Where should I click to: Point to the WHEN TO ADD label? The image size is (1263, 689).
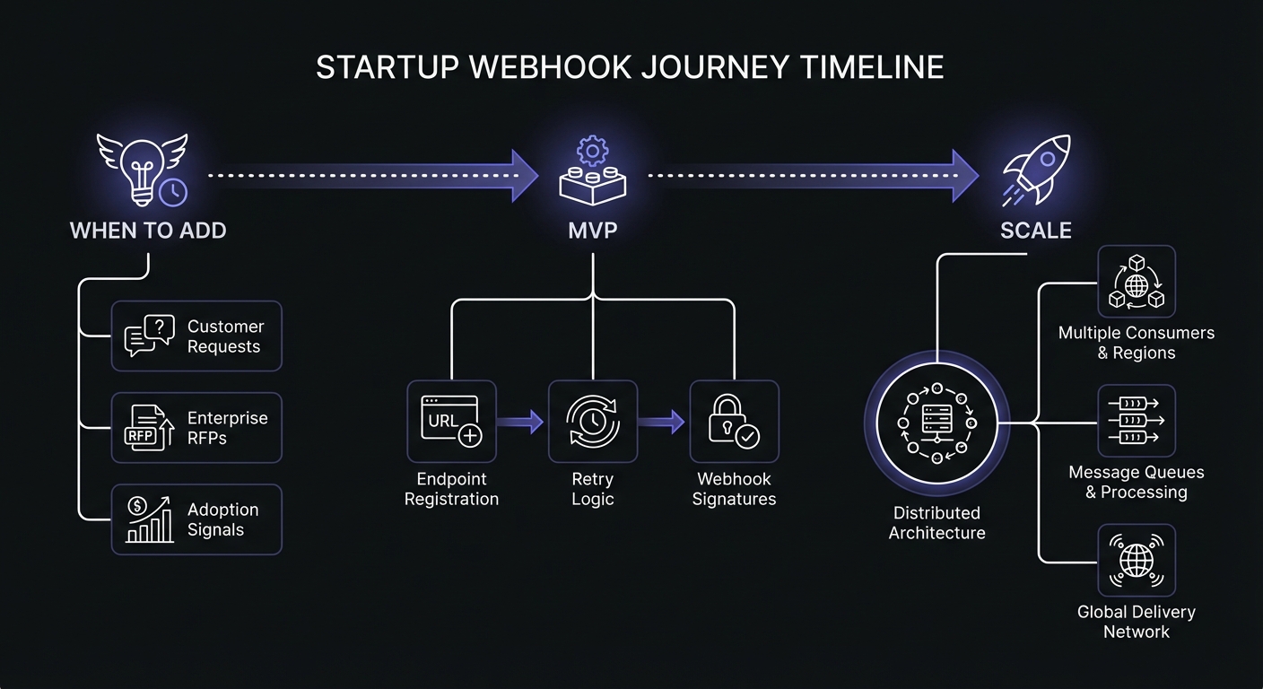[x=148, y=231]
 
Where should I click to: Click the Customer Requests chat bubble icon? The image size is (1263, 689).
[x=148, y=336]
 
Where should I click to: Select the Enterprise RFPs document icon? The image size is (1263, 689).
[x=148, y=428]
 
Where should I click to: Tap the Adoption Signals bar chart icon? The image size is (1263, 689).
[x=148, y=519]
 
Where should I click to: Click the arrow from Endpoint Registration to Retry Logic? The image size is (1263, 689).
[x=521, y=422]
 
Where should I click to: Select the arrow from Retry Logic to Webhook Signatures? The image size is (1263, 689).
[x=663, y=422]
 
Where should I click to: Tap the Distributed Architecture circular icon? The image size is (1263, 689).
[x=937, y=423]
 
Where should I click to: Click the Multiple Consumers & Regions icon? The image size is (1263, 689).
[x=1136, y=282]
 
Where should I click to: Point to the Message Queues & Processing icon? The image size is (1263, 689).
[x=1136, y=421]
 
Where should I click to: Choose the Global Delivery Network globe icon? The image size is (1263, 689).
[x=1136, y=562]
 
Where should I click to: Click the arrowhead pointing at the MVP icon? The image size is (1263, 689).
[x=525, y=175]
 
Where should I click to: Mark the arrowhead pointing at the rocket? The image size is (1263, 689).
[x=965, y=175]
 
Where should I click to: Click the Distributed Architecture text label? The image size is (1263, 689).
[x=937, y=523]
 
